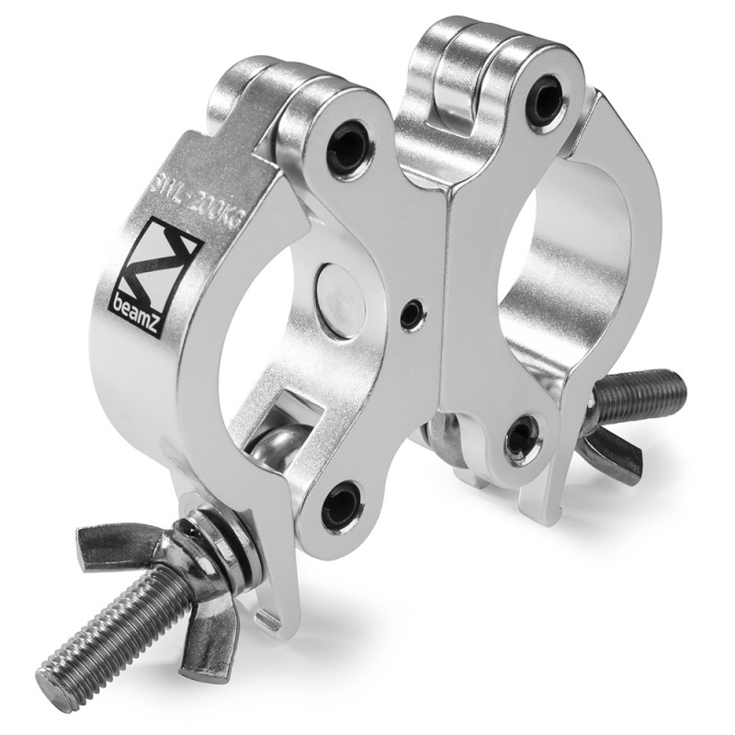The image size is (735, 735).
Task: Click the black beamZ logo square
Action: click(x=155, y=282)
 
